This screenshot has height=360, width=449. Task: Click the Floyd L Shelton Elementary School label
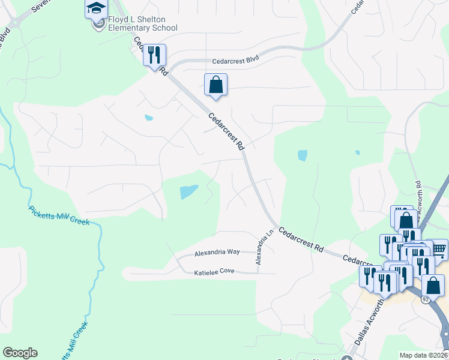(x=142, y=23)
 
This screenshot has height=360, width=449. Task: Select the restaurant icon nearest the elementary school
(x=154, y=55)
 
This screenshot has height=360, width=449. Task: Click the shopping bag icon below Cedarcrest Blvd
(x=216, y=85)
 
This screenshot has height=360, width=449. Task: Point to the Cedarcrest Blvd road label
(x=235, y=61)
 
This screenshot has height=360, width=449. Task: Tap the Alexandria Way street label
(x=217, y=253)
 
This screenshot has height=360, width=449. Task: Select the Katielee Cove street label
(x=214, y=272)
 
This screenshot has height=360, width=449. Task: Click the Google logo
(x=20, y=353)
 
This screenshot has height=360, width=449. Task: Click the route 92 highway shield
(x=425, y=299)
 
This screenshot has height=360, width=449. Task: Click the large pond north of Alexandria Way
(x=188, y=192)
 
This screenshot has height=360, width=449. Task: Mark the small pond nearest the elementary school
(x=148, y=118)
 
